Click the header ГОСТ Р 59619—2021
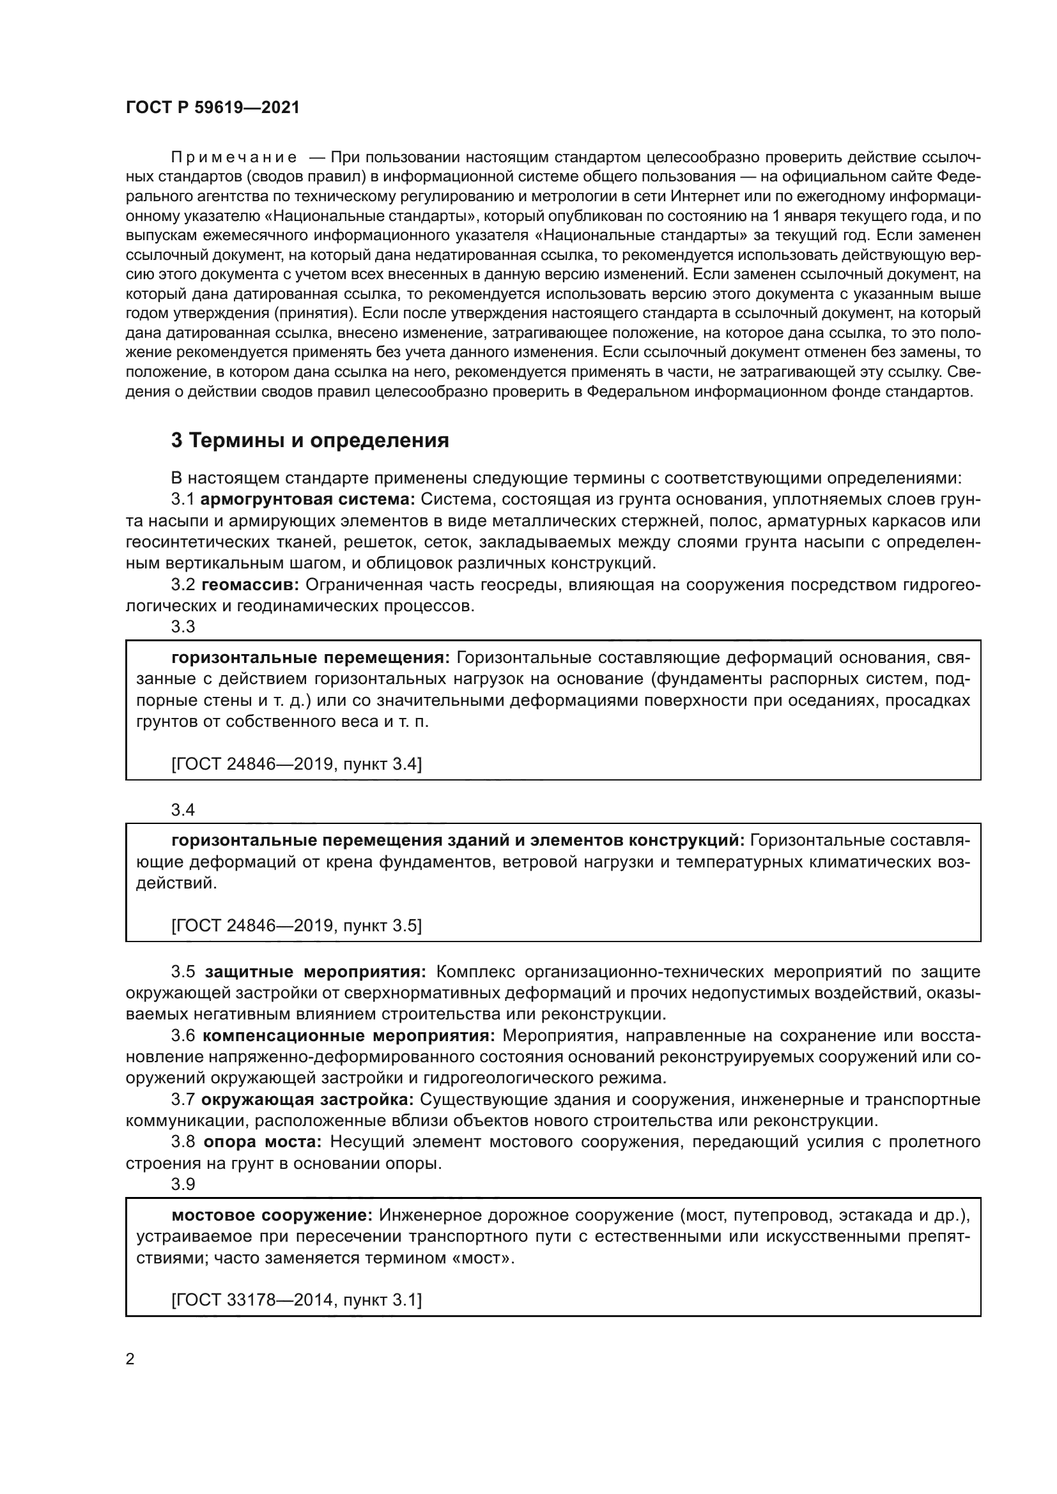213,107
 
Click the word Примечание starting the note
235,158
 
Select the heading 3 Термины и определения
310,441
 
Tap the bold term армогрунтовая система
308,499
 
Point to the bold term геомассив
250,584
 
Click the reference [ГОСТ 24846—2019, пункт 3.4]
296,764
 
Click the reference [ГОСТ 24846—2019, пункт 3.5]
296,926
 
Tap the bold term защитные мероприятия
316,972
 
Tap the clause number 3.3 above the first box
183,627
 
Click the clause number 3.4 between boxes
183,810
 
